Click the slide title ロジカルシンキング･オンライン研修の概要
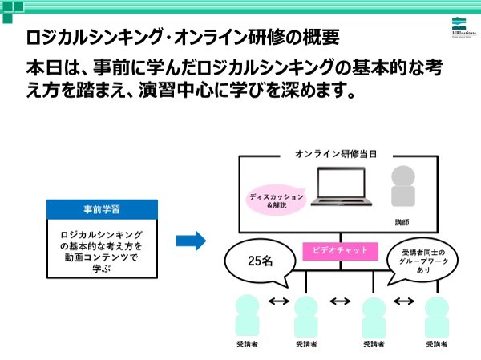click(x=182, y=37)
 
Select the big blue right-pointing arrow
click(x=191, y=239)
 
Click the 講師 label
click(x=402, y=220)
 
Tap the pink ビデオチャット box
click(x=340, y=251)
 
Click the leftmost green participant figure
click(x=247, y=315)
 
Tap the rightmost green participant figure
click(x=435, y=315)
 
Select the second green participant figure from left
click(x=306, y=315)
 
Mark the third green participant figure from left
click(x=373, y=315)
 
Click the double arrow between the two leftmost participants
click(x=277, y=301)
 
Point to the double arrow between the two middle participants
click(x=340, y=301)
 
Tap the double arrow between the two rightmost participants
click(x=405, y=301)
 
